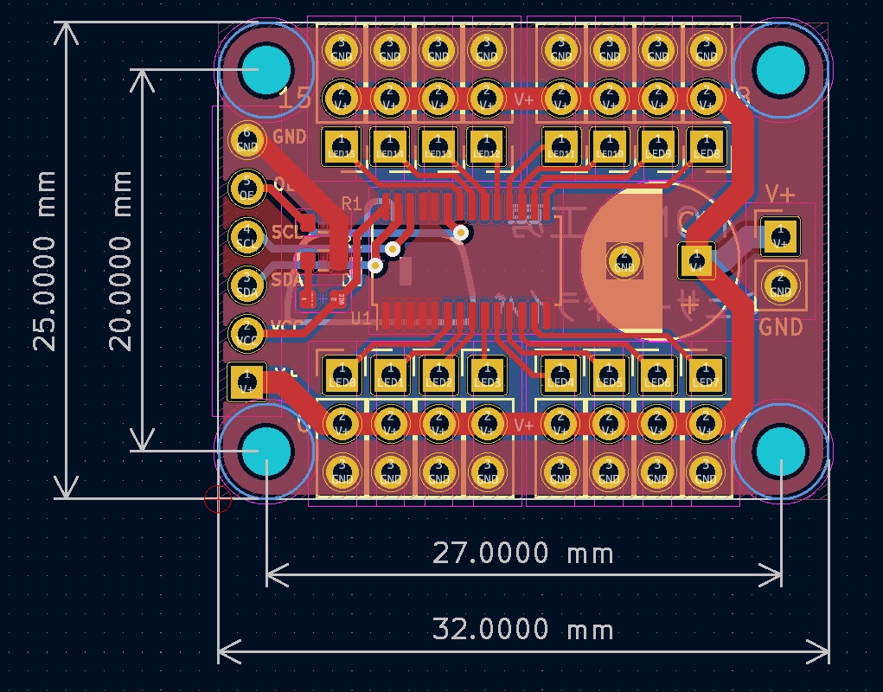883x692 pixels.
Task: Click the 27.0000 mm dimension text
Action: tap(522, 553)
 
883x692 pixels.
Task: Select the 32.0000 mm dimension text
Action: tap(522, 630)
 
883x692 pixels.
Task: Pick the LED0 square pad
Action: tap(342, 375)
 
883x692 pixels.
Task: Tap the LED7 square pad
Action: tap(707, 375)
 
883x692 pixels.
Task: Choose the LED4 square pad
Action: tap(561, 375)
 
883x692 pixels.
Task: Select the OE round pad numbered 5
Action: tap(247, 187)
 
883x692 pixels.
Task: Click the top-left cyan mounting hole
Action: tap(266, 67)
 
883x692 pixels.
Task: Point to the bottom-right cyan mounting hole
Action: tap(780, 450)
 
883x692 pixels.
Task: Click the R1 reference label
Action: tap(351, 204)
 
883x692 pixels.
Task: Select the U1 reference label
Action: tap(362, 318)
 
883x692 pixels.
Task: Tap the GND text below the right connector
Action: tap(781, 327)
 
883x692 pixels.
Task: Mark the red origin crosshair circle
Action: tap(217, 498)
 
